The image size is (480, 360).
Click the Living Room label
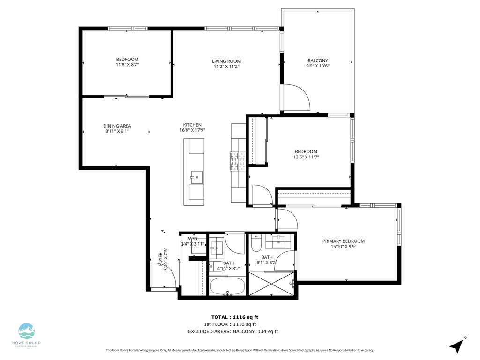coord(226,61)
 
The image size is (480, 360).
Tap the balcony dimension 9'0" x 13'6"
coord(317,66)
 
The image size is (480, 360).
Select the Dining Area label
coord(117,126)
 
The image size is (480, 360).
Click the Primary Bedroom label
coord(343,241)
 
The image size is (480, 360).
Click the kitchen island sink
coord(197,177)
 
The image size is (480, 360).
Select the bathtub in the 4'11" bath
coord(227,286)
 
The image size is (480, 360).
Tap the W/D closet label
coord(193,239)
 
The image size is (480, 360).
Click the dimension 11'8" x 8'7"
coord(127,64)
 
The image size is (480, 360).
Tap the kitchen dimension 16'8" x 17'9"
coord(192,130)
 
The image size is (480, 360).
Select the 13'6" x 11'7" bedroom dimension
coord(306,157)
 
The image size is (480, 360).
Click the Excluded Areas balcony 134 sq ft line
coord(233,331)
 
